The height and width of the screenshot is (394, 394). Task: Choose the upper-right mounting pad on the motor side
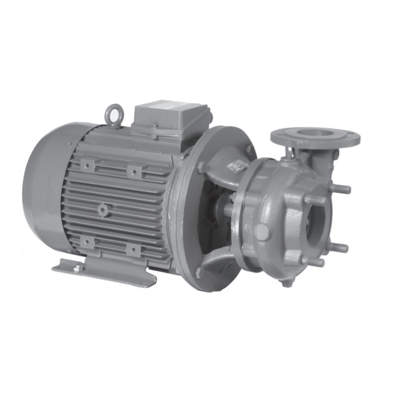[x=133, y=171]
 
